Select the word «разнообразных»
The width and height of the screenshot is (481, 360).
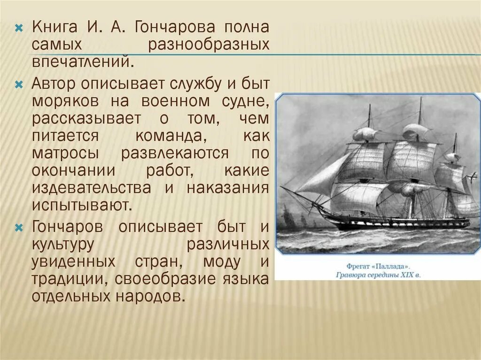[x=209, y=45]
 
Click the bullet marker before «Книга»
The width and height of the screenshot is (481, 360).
[x=19, y=27]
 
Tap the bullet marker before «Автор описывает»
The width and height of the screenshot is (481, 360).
[x=19, y=85]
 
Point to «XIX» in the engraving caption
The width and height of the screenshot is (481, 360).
[x=405, y=274]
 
